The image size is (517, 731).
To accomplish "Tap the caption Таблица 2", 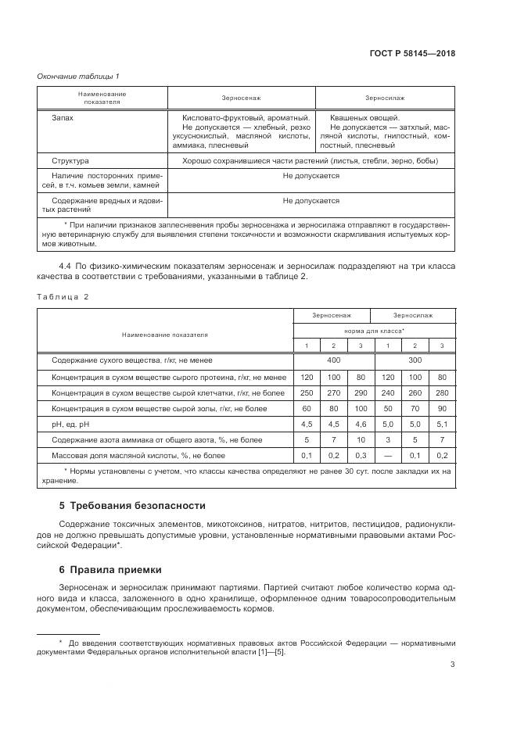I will [63, 296].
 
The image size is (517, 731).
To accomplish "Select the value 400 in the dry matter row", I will [334, 360].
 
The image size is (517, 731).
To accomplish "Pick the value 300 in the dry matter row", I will [415, 360].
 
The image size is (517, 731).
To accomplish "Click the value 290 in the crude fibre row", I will [361, 392].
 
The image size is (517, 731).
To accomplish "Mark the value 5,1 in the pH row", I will [442, 425].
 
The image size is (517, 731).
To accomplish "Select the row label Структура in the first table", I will [70, 160].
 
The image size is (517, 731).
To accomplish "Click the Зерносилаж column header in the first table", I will [384, 98].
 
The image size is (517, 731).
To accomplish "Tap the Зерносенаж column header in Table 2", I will [334, 315].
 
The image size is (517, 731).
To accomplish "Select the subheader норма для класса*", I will [375, 331].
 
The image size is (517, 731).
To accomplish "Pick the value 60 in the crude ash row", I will [307, 408].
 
